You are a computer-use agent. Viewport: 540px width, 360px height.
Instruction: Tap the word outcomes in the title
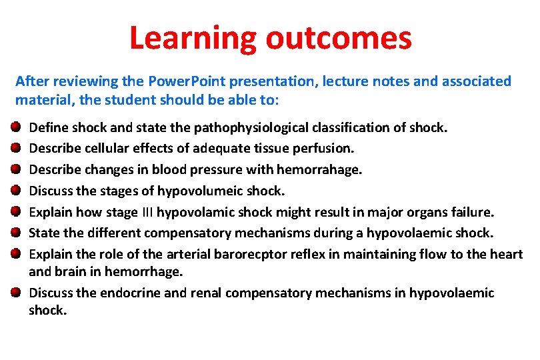339,38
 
